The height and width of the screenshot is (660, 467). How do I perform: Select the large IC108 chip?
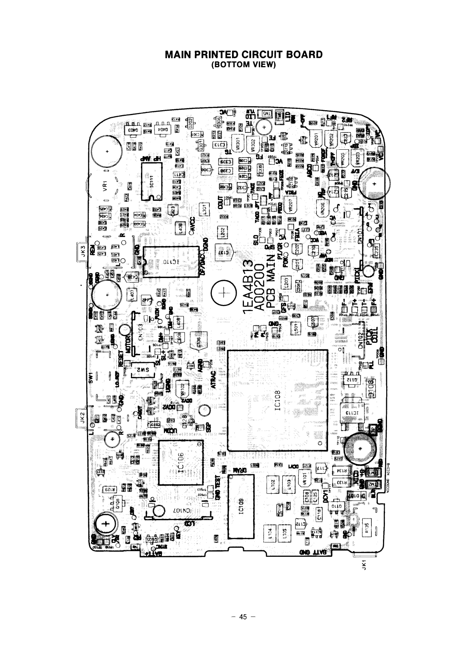click(x=277, y=400)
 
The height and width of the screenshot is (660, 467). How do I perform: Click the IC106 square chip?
click(x=181, y=462)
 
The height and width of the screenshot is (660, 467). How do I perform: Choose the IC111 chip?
click(x=150, y=181)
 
